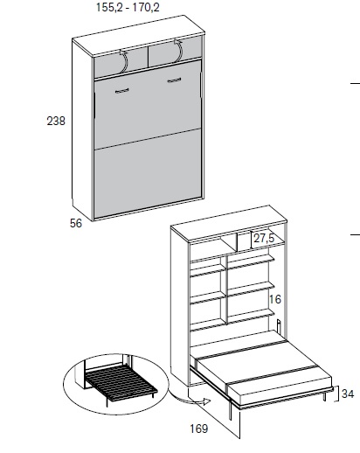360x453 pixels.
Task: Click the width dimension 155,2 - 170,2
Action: [x=128, y=7]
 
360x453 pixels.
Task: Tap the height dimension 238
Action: [x=56, y=121]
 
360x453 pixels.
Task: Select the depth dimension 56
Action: [x=76, y=223]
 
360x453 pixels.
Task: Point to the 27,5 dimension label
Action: [x=264, y=238]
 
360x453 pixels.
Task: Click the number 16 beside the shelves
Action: [x=275, y=299]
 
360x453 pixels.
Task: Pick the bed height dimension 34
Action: [x=348, y=394]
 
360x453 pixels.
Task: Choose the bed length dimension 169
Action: [x=199, y=429]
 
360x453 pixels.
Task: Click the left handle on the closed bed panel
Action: [x=122, y=91]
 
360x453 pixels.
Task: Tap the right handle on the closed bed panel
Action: [x=175, y=80]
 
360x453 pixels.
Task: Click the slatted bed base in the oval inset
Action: [x=121, y=380]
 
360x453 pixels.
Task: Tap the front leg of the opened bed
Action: [x=231, y=409]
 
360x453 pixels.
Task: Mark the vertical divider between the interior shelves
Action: [x=225, y=289]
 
